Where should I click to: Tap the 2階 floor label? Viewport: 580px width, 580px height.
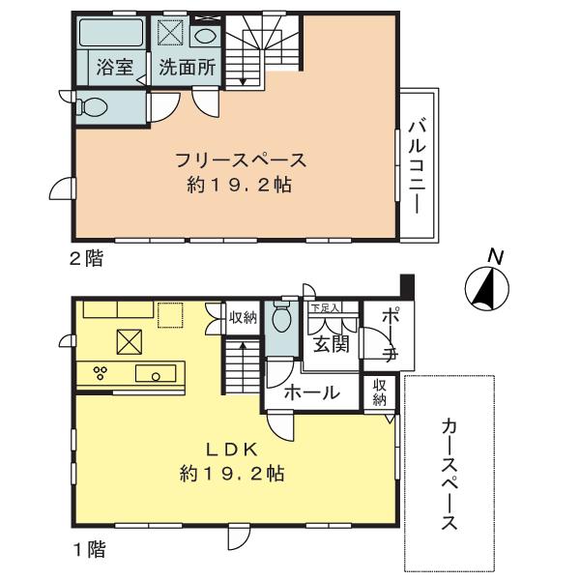click(x=86, y=258)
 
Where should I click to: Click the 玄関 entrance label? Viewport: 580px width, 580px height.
click(x=328, y=345)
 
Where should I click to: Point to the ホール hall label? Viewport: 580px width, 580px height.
click(x=310, y=393)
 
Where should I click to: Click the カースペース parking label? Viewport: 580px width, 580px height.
click(x=449, y=474)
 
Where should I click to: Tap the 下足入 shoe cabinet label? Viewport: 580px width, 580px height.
click(x=325, y=308)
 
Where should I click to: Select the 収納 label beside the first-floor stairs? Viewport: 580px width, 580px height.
click(x=243, y=316)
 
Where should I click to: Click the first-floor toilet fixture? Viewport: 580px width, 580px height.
click(x=282, y=317)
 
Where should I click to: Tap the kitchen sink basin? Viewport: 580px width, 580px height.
click(x=153, y=374)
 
